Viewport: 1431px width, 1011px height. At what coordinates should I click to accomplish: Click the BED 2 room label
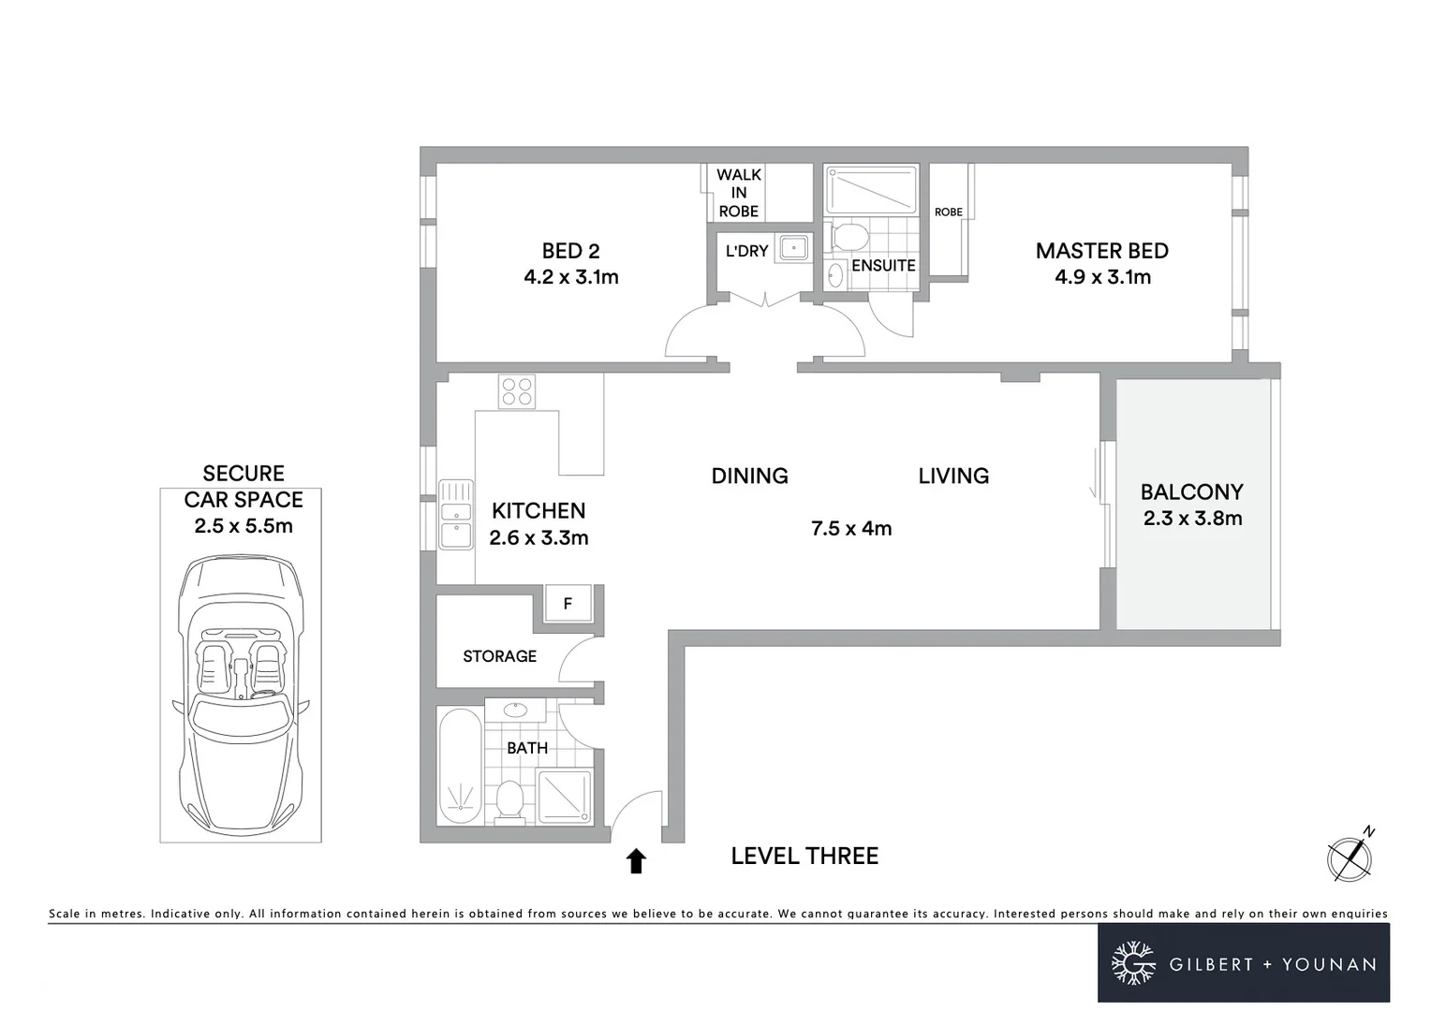[570, 251]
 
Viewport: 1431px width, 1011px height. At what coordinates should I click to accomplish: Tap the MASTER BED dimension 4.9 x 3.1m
[1102, 277]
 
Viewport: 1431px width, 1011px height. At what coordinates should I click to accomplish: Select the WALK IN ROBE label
[739, 193]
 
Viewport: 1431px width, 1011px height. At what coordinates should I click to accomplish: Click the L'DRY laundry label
[746, 251]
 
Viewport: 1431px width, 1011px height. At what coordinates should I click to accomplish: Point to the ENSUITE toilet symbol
[849, 236]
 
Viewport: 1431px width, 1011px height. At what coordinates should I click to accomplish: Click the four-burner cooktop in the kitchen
[517, 391]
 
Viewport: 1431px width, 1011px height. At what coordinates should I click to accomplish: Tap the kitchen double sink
[456, 515]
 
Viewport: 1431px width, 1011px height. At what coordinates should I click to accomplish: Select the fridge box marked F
[568, 604]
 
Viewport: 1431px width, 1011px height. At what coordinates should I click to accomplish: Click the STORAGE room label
[499, 656]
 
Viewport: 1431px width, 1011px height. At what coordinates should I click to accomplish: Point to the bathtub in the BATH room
[460, 767]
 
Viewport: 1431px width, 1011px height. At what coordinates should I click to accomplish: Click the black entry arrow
[637, 860]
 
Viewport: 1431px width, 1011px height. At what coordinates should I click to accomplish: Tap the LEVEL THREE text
[804, 856]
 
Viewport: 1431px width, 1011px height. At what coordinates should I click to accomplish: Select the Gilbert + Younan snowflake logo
[1133, 963]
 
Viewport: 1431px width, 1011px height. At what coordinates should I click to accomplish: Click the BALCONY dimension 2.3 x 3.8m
[1192, 519]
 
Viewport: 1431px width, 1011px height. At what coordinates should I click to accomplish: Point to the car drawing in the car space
[241, 697]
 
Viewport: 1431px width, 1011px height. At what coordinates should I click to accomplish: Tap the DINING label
[749, 476]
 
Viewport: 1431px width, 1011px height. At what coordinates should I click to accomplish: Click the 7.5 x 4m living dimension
[851, 529]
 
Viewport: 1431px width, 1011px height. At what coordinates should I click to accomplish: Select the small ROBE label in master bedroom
[949, 212]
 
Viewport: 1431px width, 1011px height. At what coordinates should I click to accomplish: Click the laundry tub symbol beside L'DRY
[794, 247]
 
